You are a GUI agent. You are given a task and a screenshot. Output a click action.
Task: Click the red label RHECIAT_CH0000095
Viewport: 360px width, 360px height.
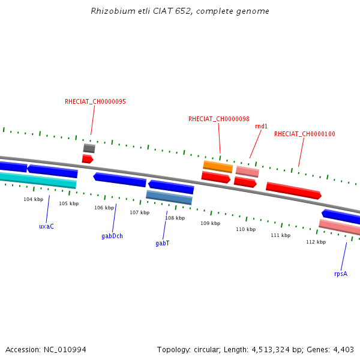click(x=95, y=102)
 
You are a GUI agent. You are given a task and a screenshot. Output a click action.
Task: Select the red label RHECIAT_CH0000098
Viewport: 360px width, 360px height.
click(x=219, y=119)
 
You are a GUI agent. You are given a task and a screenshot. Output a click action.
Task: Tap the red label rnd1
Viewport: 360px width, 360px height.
click(x=261, y=127)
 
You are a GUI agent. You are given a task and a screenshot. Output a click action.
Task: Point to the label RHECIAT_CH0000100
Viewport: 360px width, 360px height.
click(x=305, y=134)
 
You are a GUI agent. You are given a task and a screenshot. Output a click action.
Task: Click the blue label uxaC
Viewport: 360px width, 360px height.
click(x=46, y=227)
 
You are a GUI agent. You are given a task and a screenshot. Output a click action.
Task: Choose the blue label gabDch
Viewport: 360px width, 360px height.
click(x=112, y=236)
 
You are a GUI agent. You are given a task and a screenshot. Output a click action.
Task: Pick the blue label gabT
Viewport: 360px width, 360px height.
click(x=163, y=244)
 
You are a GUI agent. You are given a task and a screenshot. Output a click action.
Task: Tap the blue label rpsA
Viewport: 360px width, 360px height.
click(x=341, y=274)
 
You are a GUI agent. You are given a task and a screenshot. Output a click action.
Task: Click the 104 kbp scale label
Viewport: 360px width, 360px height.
click(x=34, y=199)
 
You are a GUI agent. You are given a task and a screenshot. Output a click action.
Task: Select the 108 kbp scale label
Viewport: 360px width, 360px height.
click(x=175, y=218)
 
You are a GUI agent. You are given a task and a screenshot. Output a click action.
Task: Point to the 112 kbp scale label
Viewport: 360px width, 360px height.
click(x=316, y=242)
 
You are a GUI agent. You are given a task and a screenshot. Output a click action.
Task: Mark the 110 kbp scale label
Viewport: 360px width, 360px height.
click(x=245, y=230)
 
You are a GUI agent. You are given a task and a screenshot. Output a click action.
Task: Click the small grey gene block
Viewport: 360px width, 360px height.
click(x=89, y=148)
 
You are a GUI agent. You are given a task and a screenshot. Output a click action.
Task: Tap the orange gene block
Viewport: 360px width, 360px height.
click(x=218, y=166)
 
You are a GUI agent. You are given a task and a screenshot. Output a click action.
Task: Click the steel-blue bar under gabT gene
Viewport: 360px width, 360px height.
click(x=169, y=197)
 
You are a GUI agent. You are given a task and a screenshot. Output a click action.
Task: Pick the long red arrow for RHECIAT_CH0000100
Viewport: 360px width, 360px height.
click(x=293, y=190)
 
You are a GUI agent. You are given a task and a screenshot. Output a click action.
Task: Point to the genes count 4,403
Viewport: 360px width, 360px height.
click(x=343, y=350)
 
